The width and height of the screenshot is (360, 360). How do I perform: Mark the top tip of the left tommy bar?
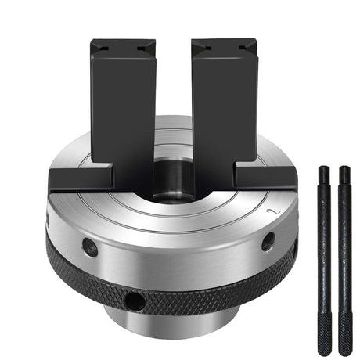322,169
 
